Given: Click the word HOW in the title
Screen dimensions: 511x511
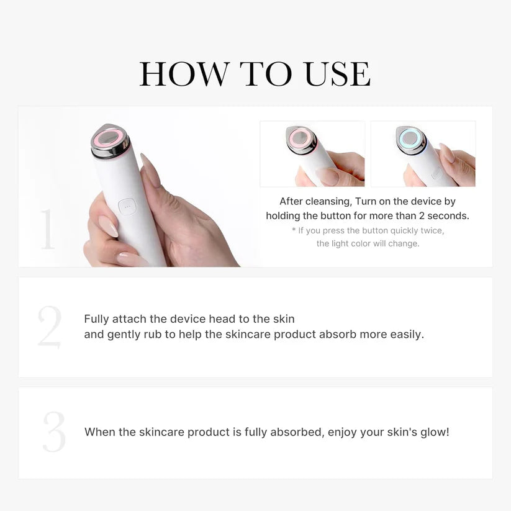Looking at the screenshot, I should click(184, 75).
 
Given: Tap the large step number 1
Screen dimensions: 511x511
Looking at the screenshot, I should click(48, 230).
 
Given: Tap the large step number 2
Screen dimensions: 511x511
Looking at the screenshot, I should click(49, 327).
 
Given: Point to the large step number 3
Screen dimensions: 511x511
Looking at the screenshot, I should click(54, 432).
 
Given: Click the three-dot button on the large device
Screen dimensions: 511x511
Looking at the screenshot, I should click(127, 207).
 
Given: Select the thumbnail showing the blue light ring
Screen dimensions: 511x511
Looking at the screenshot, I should click(423, 154).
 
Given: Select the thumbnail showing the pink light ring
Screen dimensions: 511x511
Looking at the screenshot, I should click(312, 154).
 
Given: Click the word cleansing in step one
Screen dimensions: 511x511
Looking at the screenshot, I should click(328, 201).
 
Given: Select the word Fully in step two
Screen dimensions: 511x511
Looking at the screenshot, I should click(96, 319).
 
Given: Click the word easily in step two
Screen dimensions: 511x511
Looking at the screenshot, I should click(406, 334).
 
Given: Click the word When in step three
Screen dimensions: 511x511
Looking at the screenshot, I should click(98, 432).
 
